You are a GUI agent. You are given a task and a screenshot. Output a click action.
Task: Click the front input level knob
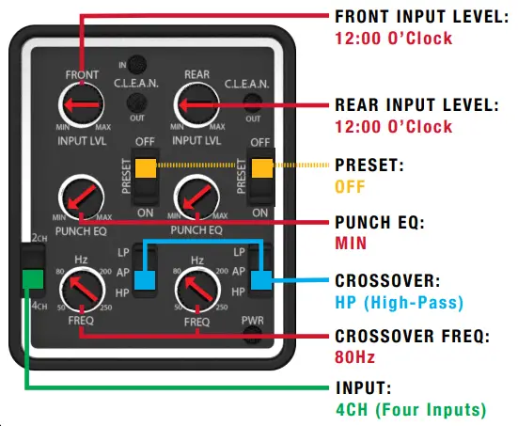[82, 104]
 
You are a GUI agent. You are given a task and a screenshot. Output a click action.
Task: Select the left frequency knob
[82, 289]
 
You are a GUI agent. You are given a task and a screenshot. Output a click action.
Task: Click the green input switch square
[33, 278]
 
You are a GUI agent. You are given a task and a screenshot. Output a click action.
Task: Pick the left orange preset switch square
[145, 168]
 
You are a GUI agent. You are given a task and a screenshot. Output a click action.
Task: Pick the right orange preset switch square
[261, 168]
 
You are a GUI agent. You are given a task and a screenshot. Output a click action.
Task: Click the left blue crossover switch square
[145, 279]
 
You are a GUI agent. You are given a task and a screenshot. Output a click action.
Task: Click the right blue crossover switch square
[261, 279]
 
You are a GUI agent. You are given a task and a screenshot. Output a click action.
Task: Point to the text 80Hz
[353, 359]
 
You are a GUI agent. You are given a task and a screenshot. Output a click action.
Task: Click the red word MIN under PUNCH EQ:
[350, 243]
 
